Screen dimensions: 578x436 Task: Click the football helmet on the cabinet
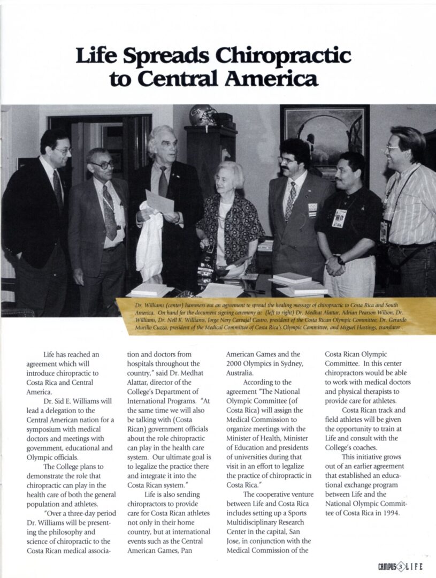tap(204, 115)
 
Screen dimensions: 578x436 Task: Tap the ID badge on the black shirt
tap(339, 218)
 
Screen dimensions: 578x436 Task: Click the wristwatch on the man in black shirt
tap(341, 261)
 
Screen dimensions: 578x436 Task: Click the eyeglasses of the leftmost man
tap(63, 151)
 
